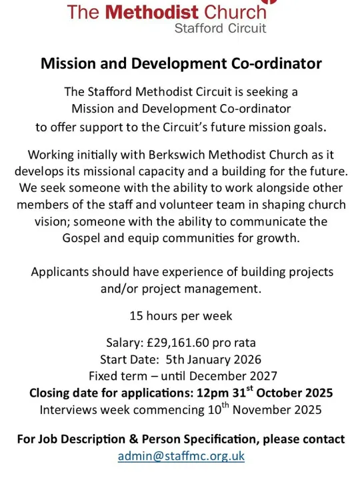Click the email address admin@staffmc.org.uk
tap(181, 456)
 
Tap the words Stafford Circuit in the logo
tap(220, 28)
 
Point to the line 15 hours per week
tap(181, 315)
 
